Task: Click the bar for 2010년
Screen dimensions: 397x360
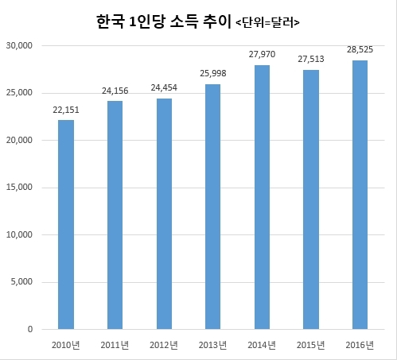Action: coord(66,225)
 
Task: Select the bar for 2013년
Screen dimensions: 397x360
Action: coord(212,207)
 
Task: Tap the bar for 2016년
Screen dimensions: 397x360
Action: coord(360,195)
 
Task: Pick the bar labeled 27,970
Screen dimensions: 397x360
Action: coord(262,197)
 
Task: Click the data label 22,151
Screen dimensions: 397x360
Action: coord(66,110)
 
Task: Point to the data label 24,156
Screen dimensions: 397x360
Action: coord(115,91)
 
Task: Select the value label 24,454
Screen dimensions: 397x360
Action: coord(164,87)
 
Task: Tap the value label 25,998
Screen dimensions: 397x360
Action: coord(213,73)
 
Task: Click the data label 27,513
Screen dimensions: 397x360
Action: coord(311,59)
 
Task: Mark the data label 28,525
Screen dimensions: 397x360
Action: coord(360,49)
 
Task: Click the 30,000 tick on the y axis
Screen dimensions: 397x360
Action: coord(19,45)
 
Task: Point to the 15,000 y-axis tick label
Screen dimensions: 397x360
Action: coord(19,188)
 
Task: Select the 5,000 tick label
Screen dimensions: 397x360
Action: coord(21,281)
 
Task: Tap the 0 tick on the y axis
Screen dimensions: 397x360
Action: coord(30,329)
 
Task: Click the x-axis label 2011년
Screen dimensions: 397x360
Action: coord(115,345)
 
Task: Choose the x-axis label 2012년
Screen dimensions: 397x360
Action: coord(164,345)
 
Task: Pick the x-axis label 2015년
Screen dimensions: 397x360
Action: coord(310,345)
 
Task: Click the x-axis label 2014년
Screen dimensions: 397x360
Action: coord(262,345)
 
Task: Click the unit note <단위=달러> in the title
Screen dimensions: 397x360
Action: coord(267,23)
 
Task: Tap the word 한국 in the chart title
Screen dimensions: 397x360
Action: coord(110,21)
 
